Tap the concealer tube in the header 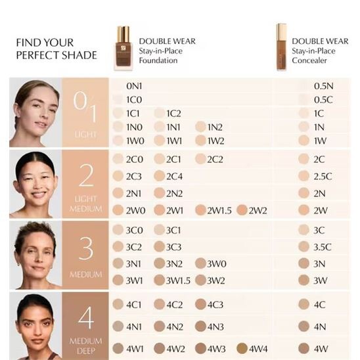point(281,47)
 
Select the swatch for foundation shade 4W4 point(242,348)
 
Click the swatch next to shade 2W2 point(242,210)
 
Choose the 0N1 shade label point(134,86)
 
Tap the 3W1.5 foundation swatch point(159,281)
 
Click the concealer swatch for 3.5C point(304,247)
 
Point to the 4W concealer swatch point(304,348)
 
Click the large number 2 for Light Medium point(86,176)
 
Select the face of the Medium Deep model point(35,323)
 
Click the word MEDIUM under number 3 point(86,275)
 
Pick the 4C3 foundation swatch point(200,304)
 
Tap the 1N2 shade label point(215,127)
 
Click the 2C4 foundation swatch point(159,176)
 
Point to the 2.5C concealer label point(323,176)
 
